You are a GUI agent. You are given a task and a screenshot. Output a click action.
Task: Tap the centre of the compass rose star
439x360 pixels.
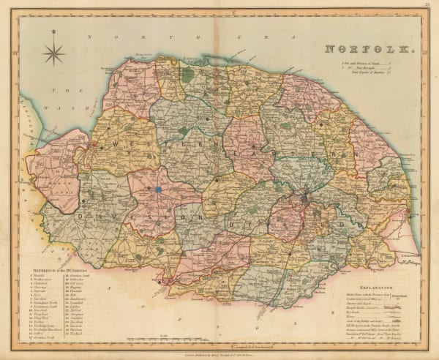(53, 53)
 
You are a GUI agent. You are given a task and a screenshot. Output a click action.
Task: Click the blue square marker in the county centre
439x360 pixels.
(157, 190)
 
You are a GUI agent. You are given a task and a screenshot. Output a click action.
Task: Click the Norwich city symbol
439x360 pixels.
(303, 198)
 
